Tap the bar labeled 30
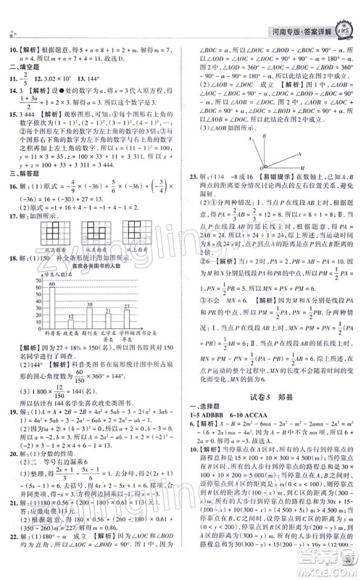[x=88, y=316]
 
